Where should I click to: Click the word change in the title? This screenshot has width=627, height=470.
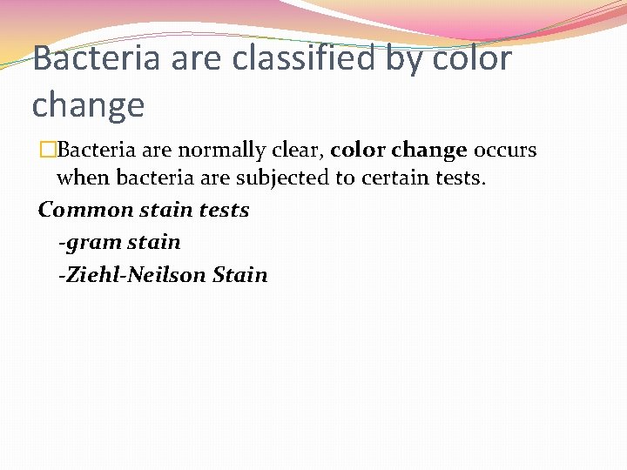[88, 106]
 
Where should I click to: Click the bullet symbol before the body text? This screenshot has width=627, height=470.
[48, 151]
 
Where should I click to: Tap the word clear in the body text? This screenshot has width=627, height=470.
[299, 151]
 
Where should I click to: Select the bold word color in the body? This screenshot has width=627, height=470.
[358, 151]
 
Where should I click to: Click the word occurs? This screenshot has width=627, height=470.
[505, 151]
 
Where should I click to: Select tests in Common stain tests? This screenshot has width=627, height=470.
[224, 211]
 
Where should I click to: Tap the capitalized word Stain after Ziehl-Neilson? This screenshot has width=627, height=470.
[239, 275]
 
